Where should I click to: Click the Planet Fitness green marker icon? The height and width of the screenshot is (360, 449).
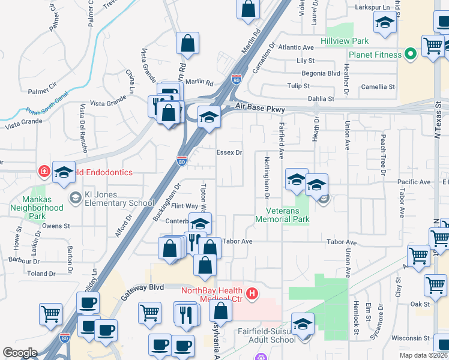click(x=411, y=55)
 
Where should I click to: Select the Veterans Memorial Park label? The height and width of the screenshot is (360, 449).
click(x=282, y=215)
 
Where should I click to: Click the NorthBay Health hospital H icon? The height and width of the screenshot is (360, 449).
click(x=253, y=293)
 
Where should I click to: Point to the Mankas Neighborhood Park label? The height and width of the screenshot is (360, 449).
click(x=37, y=208)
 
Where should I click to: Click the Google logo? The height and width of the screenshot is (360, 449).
click(x=20, y=353)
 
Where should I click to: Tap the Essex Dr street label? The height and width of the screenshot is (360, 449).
click(x=229, y=152)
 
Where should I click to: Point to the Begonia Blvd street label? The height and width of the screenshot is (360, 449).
click(x=322, y=73)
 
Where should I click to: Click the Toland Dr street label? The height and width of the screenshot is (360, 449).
click(x=41, y=274)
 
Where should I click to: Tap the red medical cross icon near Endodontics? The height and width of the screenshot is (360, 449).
click(x=44, y=172)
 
